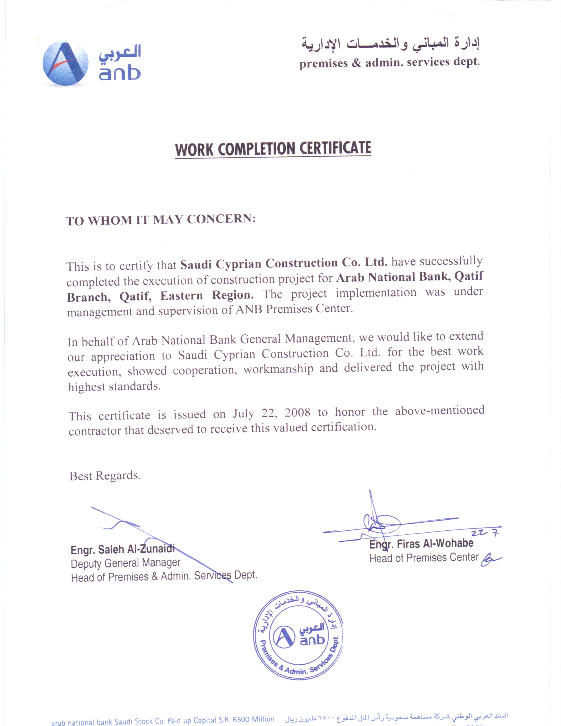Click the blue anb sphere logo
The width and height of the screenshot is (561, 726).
click(x=66, y=63)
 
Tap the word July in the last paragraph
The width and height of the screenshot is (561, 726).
click(x=243, y=414)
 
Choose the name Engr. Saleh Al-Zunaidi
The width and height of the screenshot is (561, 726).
click(x=122, y=549)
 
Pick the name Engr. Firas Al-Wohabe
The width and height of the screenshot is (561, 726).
click(x=421, y=544)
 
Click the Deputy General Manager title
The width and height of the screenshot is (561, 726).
click(x=125, y=563)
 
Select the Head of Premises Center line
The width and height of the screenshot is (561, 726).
click(x=424, y=557)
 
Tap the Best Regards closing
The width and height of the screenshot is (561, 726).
click(x=105, y=476)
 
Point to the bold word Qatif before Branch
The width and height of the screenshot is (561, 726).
click(x=469, y=276)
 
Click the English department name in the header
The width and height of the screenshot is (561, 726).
click(x=389, y=62)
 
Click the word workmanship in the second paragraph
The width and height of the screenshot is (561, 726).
click(x=278, y=369)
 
